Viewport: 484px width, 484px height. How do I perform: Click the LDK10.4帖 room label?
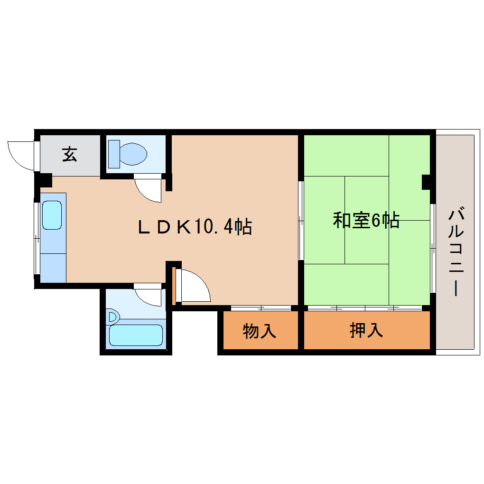click(195, 227)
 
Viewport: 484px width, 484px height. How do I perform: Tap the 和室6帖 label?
click(366, 221)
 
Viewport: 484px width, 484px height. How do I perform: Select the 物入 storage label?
click(259, 331)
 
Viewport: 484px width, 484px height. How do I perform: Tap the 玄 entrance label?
click(69, 155)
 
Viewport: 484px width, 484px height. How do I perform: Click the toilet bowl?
click(133, 154)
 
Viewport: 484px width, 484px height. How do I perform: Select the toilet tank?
click(114, 154)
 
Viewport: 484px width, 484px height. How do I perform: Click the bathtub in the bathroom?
click(136, 335)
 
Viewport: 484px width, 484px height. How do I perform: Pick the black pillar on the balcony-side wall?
click(427, 182)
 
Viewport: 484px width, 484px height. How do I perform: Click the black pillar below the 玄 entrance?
click(44, 180)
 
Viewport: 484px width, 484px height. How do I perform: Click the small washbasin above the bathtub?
click(113, 317)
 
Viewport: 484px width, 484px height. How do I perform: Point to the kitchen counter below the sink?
click(53, 267)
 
